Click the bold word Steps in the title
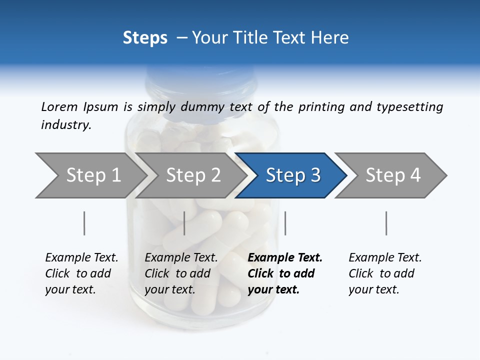pos(145,38)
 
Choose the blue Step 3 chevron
pos(293,175)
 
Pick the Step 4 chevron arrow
pos(393,175)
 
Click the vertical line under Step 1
pos(84,223)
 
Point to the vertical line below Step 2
pos(184,223)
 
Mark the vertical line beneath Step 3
pos(285,223)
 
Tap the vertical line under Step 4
pos(386,223)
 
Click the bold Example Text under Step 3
pos(285,258)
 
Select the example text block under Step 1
pos(81,273)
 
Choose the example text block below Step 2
pos(181,273)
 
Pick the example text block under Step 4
pos(385,273)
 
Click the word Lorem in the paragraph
pos(59,106)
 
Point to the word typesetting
pos(409,107)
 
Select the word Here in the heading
pos(332,38)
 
